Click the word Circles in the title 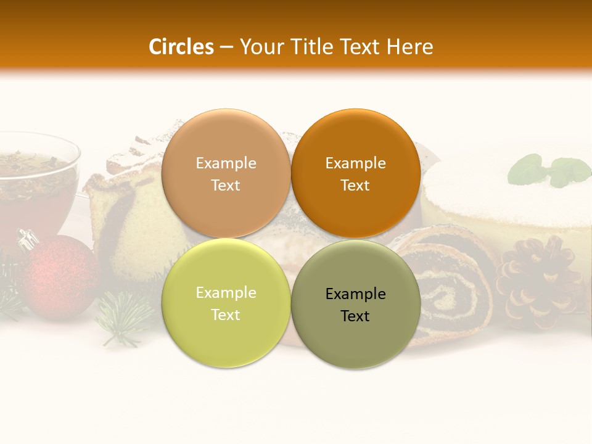click(x=181, y=47)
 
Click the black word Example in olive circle click(x=356, y=294)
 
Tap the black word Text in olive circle click(x=355, y=316)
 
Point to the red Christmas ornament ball click(x=59, y=277)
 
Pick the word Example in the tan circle click(x=226, y=163)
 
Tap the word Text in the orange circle click(x=355, y=186)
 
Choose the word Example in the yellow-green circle click(x=226, y=293)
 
